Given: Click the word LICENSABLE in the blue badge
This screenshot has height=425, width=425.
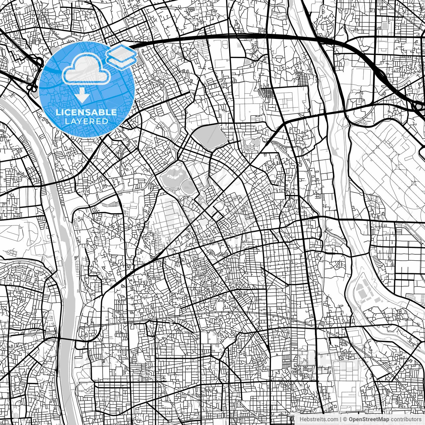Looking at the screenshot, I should click(86, 113).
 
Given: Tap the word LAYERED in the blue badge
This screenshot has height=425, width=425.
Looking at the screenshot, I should click(86, 122).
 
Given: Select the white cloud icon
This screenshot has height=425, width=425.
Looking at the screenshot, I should click(86, 69).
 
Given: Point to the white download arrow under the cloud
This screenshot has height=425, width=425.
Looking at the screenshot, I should click(82, 97).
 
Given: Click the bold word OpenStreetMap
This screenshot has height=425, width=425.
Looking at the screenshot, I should click(369, 419).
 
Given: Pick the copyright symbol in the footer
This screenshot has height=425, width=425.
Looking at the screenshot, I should click(345, 419).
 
